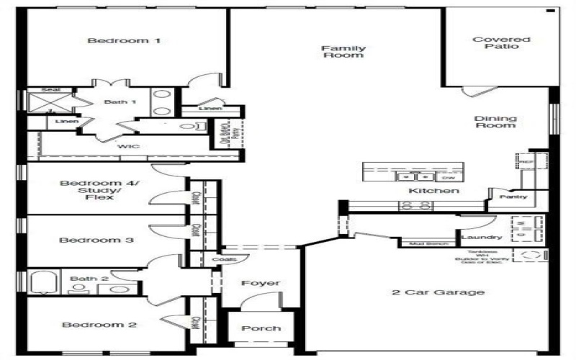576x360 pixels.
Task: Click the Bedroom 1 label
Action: coord(123,41)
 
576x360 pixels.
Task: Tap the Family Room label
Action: coord(343,52)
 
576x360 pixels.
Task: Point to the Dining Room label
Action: coord(495,121)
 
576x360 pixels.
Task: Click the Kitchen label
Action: coord(433,191)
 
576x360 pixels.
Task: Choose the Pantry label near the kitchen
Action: coord(513,197)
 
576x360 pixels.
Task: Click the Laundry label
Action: coord(482,237)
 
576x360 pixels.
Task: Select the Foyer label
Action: coord(261,283)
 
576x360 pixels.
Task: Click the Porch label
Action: coord(261,328)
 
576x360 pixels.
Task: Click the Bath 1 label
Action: coord(120,102)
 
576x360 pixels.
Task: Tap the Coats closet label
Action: coord(220,259)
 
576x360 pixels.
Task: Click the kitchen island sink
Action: coord(413,176)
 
